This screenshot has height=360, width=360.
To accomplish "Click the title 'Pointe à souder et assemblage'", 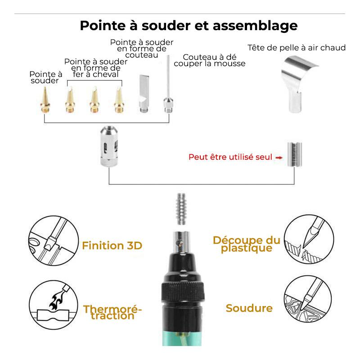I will click(189, 25).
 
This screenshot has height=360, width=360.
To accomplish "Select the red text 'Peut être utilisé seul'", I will click(230, 157).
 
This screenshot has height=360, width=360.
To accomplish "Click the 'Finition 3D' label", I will click(112, 246).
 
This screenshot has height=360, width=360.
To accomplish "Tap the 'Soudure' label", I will click(249, 308).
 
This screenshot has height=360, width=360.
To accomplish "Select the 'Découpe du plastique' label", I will click(246, 244).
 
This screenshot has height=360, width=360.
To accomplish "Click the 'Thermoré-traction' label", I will click(112, 312).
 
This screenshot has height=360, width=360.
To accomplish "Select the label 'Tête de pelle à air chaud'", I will click(297, 48).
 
